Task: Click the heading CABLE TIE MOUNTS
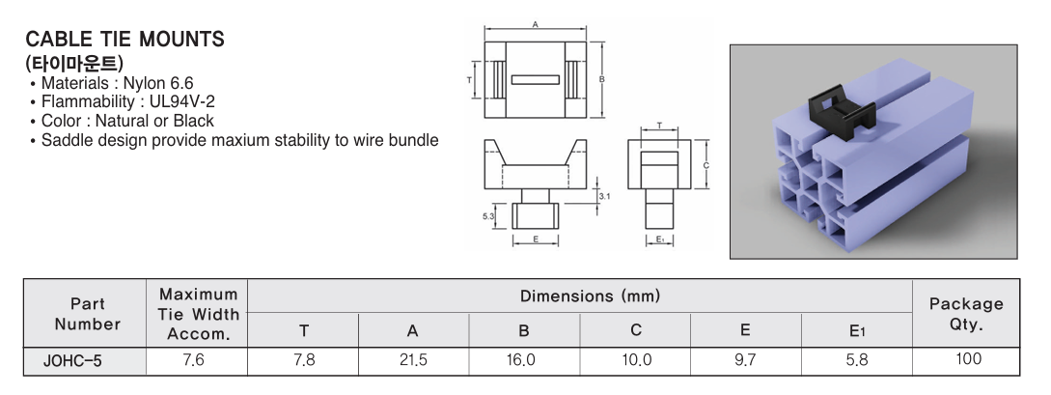pos(124,39)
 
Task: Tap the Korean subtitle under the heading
pos(74,63)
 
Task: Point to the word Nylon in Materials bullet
pos(144,83)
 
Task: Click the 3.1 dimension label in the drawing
pos(604,196)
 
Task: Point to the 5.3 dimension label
pos(488,216)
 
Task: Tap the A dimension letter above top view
pos(535,24)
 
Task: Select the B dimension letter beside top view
pos(602,79)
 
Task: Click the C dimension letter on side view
pos(705,165)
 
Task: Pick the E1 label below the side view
pos(659,240)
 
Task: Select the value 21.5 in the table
pos(413,360)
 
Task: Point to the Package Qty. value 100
pos(968,359)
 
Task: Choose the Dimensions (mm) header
pos(590,296)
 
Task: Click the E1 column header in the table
pos(857,330)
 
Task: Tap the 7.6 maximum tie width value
pos(194,360)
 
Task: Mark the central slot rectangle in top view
pos(535,80)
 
